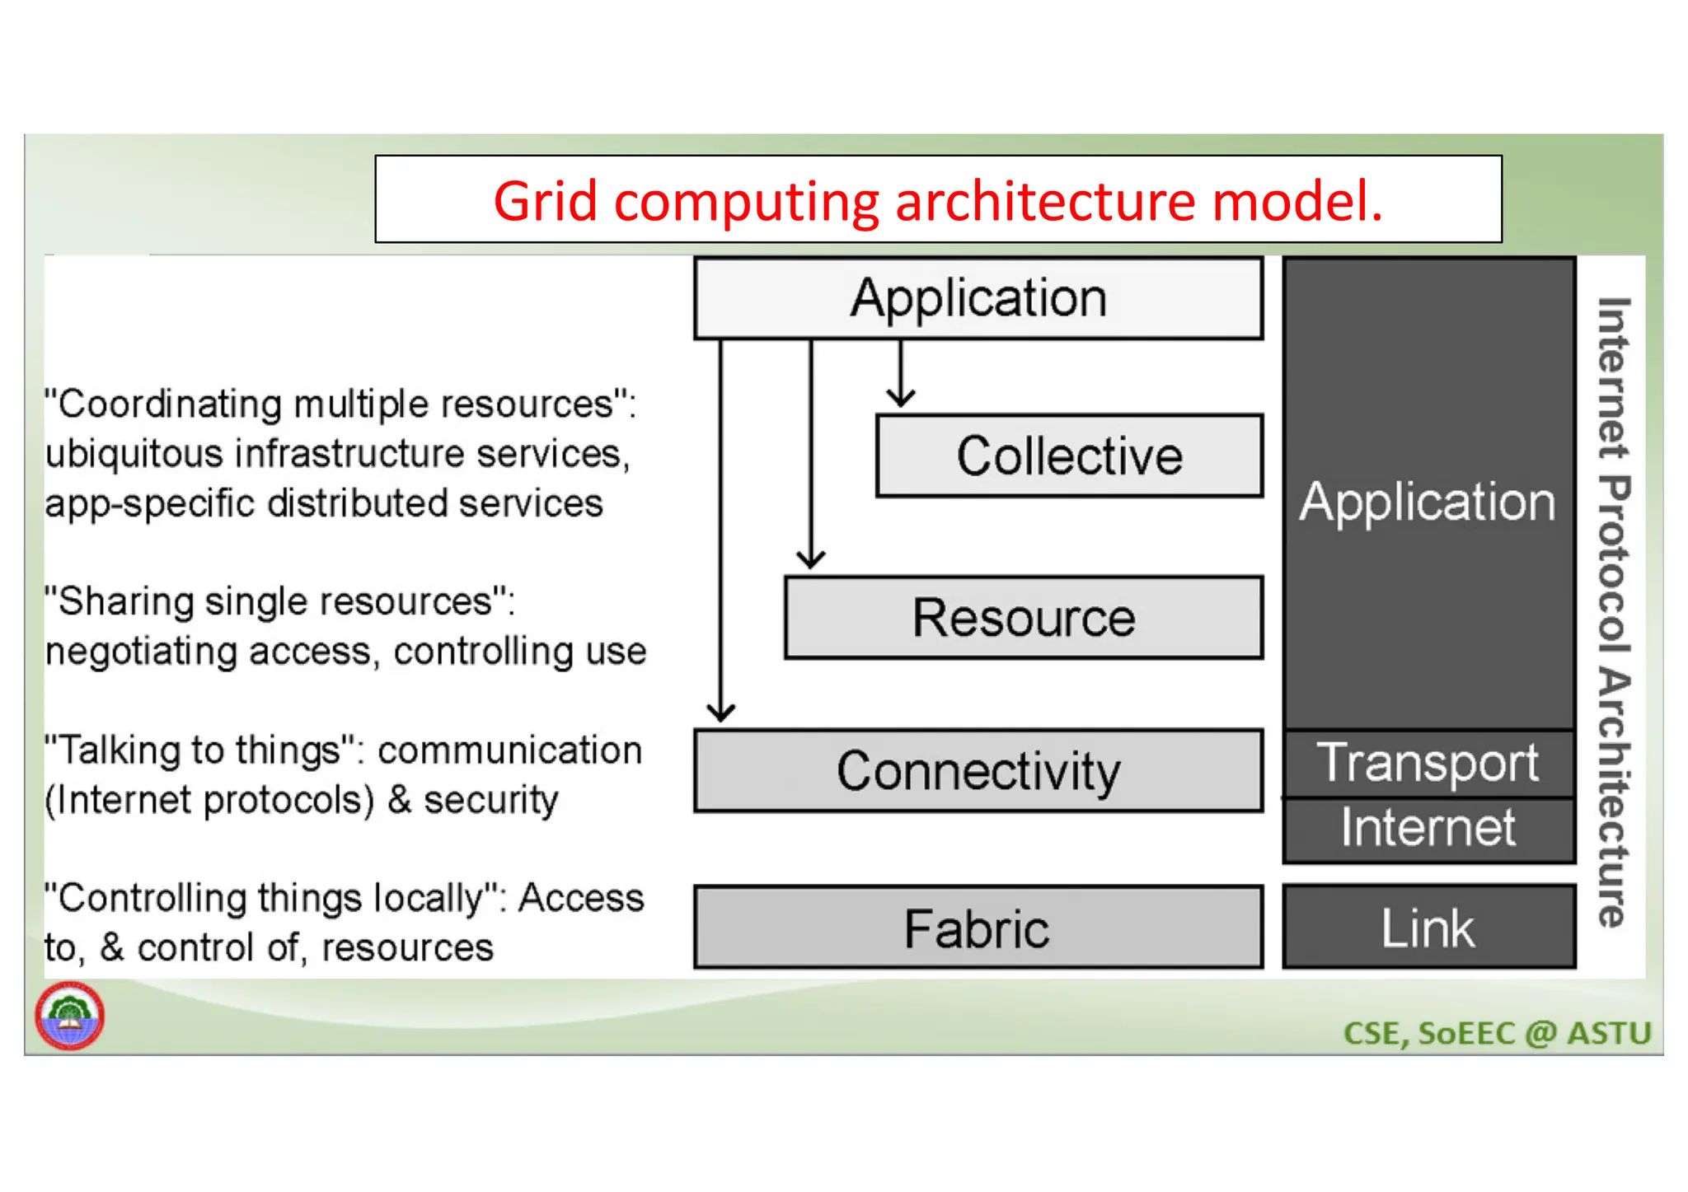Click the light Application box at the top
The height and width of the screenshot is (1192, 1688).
[x=978, y=298]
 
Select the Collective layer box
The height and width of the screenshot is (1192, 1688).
[x=1069, y=456]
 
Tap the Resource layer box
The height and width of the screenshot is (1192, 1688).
[x=1023, y=618]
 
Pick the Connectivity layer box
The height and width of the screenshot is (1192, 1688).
[x=978, y=771]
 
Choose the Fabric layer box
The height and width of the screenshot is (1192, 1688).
[x=978, y=928]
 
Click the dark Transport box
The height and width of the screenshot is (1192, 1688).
[x=1428, y=763]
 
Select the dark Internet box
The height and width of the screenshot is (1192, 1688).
[x=1428, y=829]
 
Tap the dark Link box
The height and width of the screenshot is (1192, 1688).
[x=1428, y=928]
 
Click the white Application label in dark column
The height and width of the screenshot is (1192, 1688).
[x=1428, y=502]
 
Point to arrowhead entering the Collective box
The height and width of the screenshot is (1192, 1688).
[x=901, y=400]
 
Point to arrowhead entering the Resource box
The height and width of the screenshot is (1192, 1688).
[x=811, y=561]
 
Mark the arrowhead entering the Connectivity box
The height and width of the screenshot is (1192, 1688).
[x=721, y=713]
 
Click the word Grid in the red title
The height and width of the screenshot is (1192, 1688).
[x=545, y=201]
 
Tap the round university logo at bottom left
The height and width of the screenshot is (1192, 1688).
[x=69, y=1016]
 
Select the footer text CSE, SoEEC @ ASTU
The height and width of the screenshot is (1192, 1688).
[x=1497, y=1033]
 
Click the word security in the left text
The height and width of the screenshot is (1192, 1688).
[x=491, y=801]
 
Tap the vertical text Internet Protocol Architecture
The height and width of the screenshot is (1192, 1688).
[x=1613, y=611]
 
